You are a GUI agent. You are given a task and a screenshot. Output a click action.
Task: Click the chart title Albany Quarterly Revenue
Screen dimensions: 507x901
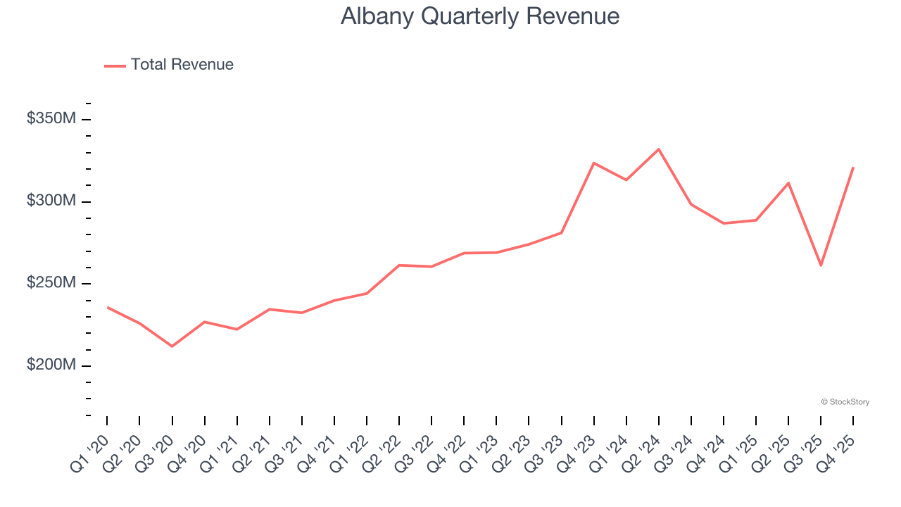[x=480, y=15]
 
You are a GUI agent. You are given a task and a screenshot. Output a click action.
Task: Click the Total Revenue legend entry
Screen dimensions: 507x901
[x=169, y=65]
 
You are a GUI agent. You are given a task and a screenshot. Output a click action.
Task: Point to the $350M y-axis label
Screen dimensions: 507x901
[x=51, y=118]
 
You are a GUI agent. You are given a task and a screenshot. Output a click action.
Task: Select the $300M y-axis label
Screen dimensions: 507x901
[x=51, y=201]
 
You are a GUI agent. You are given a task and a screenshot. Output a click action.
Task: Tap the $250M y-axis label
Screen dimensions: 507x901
[x=51, y=283]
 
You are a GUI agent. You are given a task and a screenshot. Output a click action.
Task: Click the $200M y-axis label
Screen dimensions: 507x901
[x=51, y=365]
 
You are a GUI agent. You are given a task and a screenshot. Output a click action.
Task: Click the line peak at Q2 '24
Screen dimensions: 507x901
[x=659, y=149]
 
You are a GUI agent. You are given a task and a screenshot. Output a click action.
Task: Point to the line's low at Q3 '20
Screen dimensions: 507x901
[x=172, y=346]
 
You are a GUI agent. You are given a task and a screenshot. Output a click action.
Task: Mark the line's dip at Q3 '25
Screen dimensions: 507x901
[x=821, y=265]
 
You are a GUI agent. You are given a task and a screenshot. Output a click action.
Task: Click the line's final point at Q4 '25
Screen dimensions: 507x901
[x=853, y=168]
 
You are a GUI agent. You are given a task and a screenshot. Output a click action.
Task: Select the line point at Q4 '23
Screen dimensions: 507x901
[x=594, y=163]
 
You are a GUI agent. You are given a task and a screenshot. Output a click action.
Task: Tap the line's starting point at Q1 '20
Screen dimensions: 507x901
[x=107, y=307]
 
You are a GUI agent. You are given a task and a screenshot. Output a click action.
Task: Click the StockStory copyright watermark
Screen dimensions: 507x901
[x=845, y=402]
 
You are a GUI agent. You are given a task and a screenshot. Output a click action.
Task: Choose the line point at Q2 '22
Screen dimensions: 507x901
[x=399, y=265]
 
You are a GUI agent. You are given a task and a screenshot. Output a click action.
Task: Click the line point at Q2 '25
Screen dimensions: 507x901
[x=788, y=183]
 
